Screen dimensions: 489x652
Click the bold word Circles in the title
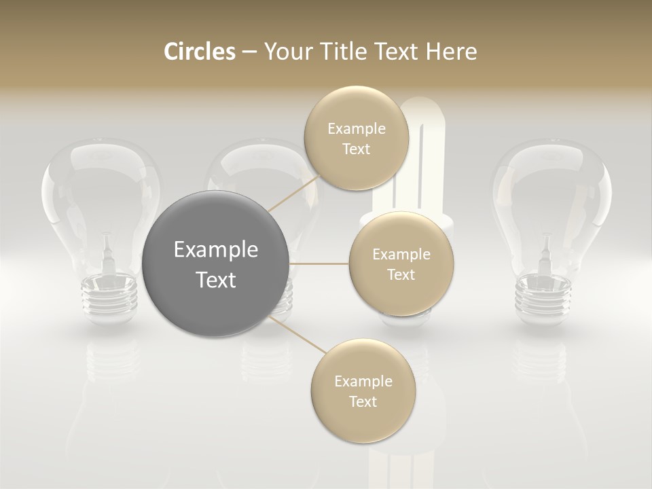coord(200,52)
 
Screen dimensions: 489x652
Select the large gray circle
coord(216,264)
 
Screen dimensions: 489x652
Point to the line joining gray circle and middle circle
coord(319,264)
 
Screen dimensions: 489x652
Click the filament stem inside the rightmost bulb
coord(545,253)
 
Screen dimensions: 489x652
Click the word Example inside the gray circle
coord(216,250)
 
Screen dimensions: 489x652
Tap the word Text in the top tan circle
coord(356,149)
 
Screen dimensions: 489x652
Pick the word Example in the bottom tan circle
coord(363,382)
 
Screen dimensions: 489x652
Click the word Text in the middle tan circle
coord(401,274)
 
